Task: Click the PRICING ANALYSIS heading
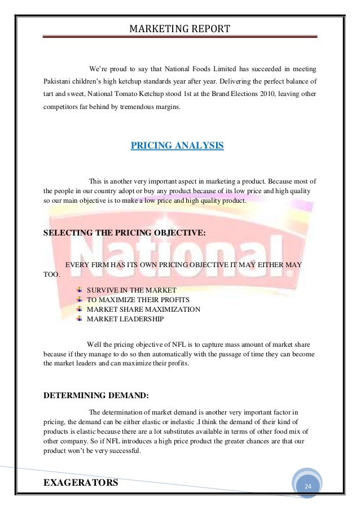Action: pyautogui.click(x=177, y=146)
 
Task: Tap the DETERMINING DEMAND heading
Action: pyautogui.click(x=96, y=395)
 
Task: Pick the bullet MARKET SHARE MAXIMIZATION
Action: pyautogui.click(x=143, y=310)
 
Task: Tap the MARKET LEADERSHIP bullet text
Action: pyautogui.click(x=125, y=319)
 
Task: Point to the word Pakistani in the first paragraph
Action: pyautogui.click(x=59, y=81)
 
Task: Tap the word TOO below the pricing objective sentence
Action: pyautogui.click(x=50, y=275)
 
